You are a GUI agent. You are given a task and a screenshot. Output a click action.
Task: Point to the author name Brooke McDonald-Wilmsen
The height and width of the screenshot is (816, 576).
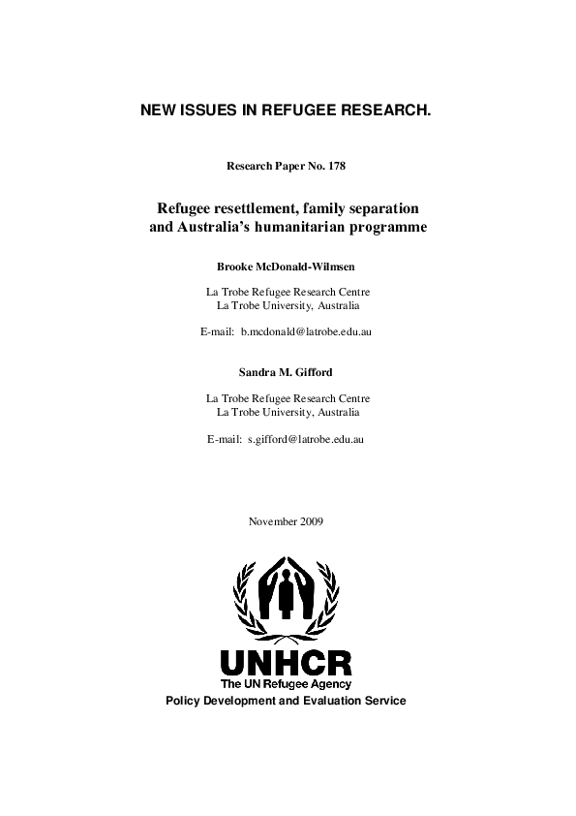point(288,266)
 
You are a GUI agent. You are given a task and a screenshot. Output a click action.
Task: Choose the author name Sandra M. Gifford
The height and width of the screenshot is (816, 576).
point(288,372)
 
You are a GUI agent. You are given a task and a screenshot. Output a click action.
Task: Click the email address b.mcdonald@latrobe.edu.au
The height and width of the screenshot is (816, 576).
point(307,331)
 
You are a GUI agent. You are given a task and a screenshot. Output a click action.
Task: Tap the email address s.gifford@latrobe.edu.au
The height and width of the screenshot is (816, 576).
point(305,439)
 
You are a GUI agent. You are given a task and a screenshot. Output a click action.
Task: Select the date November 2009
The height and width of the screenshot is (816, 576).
point(287,521)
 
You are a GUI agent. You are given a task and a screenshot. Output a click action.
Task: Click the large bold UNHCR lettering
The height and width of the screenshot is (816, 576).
point(287,663)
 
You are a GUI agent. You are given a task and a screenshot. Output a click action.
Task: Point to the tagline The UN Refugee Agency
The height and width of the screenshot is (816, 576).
point(287,684)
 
